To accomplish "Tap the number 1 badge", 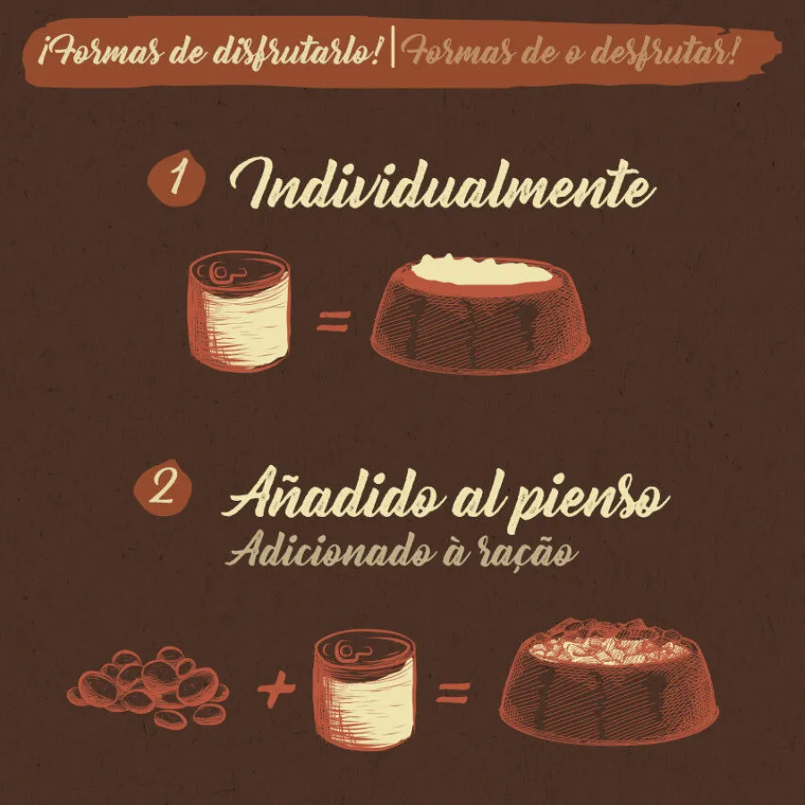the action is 176,178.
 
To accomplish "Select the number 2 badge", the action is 163,488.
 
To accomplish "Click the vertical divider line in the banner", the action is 393,47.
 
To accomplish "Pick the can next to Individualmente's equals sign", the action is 239,310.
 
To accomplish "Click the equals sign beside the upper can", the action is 334,321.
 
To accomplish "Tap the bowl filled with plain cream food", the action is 480,314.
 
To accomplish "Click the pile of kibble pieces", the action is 148,685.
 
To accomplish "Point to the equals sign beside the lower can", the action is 453,692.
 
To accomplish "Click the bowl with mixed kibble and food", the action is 609,682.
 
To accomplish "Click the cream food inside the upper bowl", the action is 481,270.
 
